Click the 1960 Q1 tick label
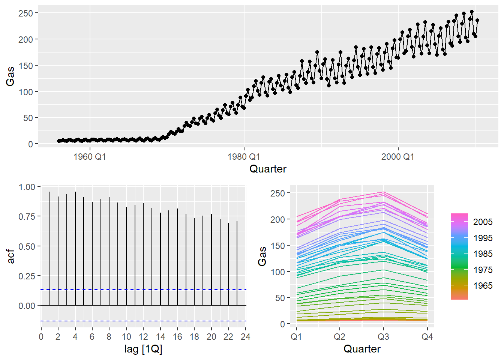point(90,156)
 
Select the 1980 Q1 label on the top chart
point(244,156)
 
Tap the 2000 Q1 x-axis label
point(398,156)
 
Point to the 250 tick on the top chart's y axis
point(26,13)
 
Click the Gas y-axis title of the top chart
point(10,76)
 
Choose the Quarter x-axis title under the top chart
point(268,169)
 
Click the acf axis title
point(11,256)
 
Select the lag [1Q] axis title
point(143,349)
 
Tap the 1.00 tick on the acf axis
point(27,187)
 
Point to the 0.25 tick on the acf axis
point(27,276)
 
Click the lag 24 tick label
point(245,337)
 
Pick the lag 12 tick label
point(143,337)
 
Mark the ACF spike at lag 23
point(237,262)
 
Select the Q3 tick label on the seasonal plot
point(383,337)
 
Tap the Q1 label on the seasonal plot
point(296,337)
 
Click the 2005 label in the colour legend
point(483,222)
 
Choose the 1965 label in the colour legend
point(483,286)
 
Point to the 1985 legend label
point(483,254)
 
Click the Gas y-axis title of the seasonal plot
point(262,256)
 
